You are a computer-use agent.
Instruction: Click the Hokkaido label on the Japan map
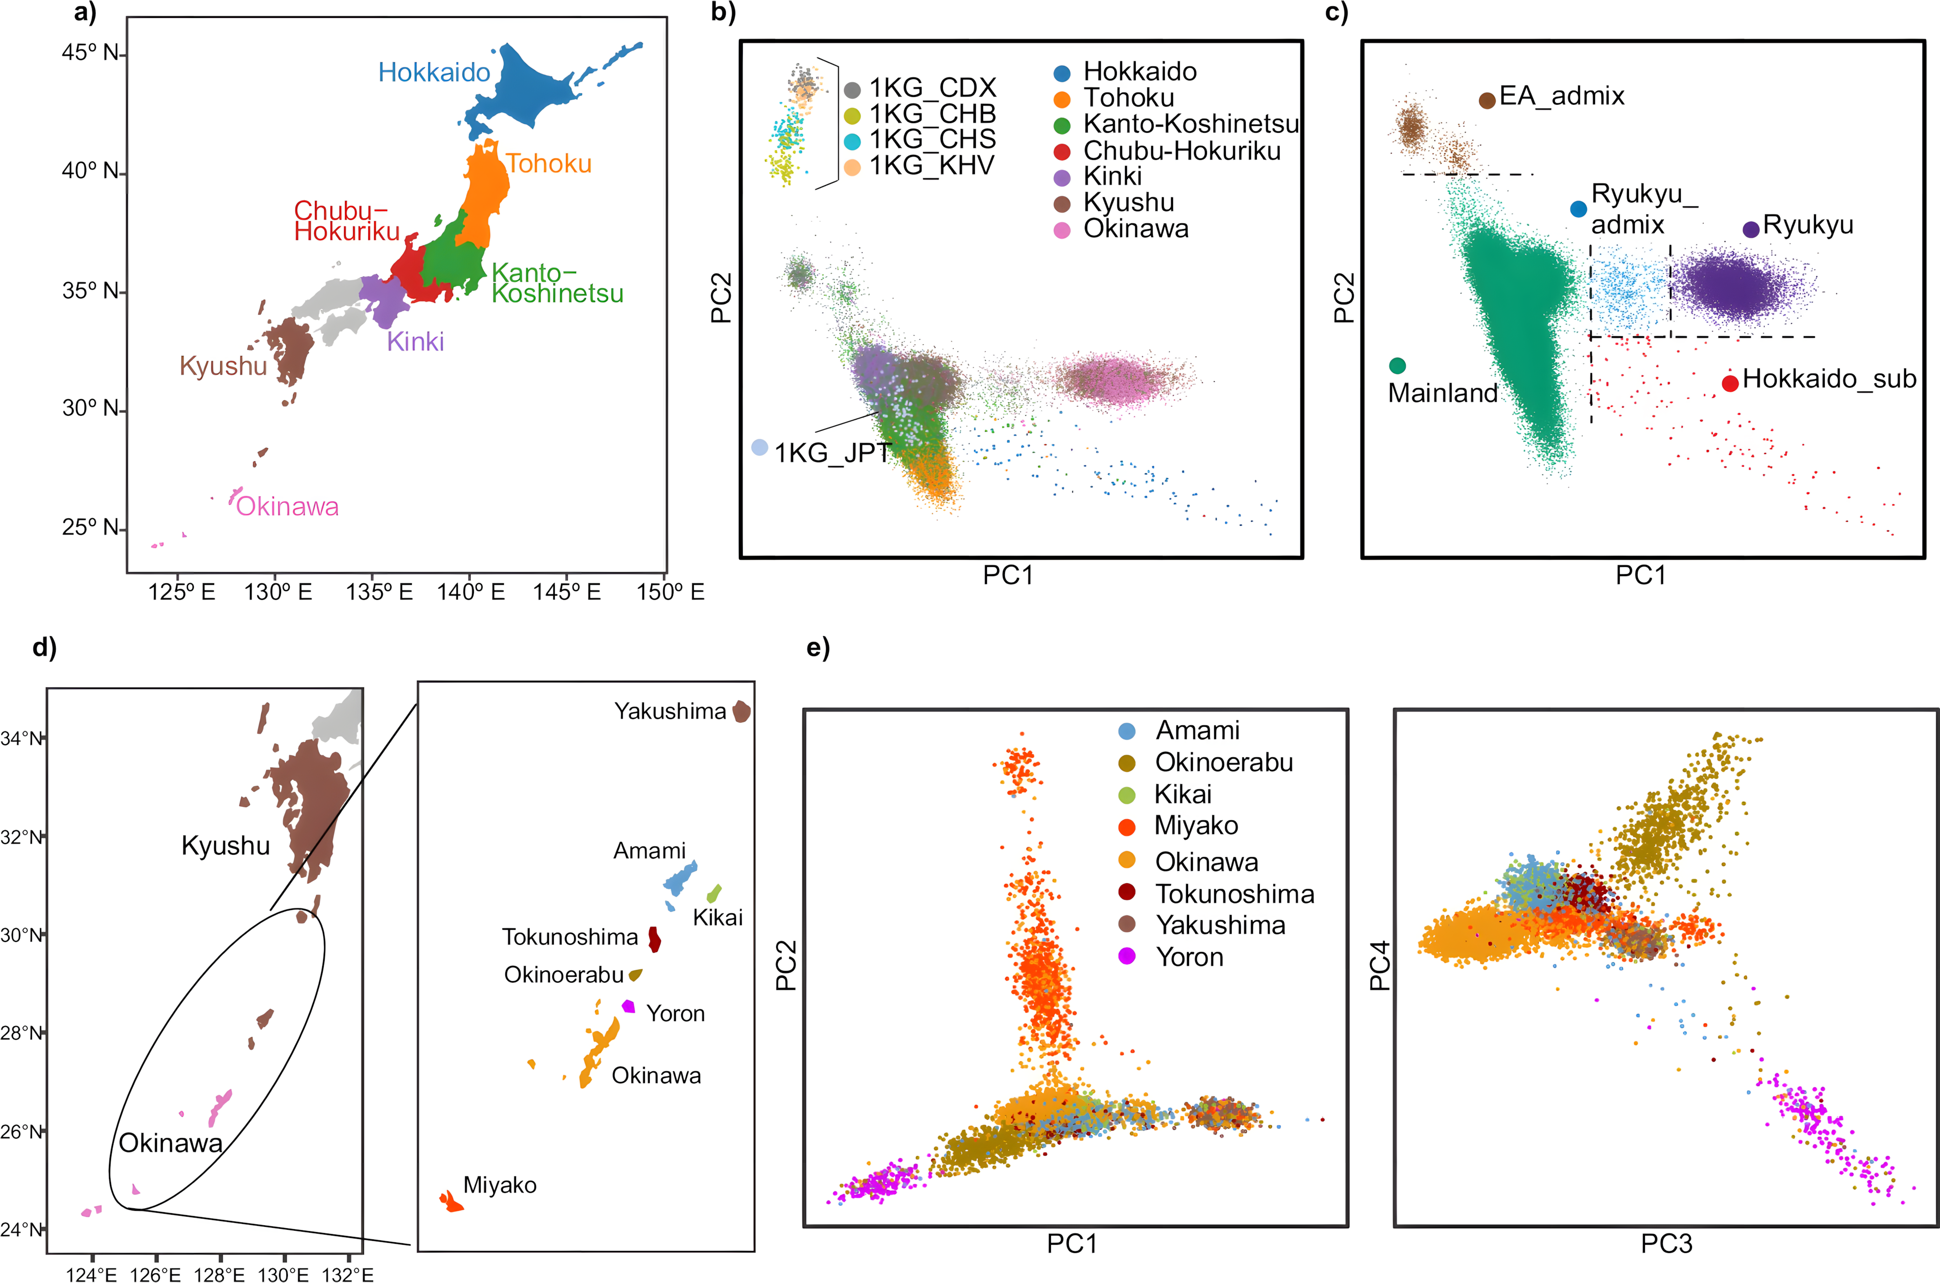click(434, 73)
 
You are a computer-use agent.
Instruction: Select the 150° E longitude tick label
click(670, 592)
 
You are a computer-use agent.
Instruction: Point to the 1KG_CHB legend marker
click(852, 115)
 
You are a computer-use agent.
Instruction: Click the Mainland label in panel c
click(1442, 393)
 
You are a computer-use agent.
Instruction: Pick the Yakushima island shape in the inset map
click(741, 711)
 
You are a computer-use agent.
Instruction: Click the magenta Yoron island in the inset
click(628, 1006)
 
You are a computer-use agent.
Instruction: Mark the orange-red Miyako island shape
click(451, 1201)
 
